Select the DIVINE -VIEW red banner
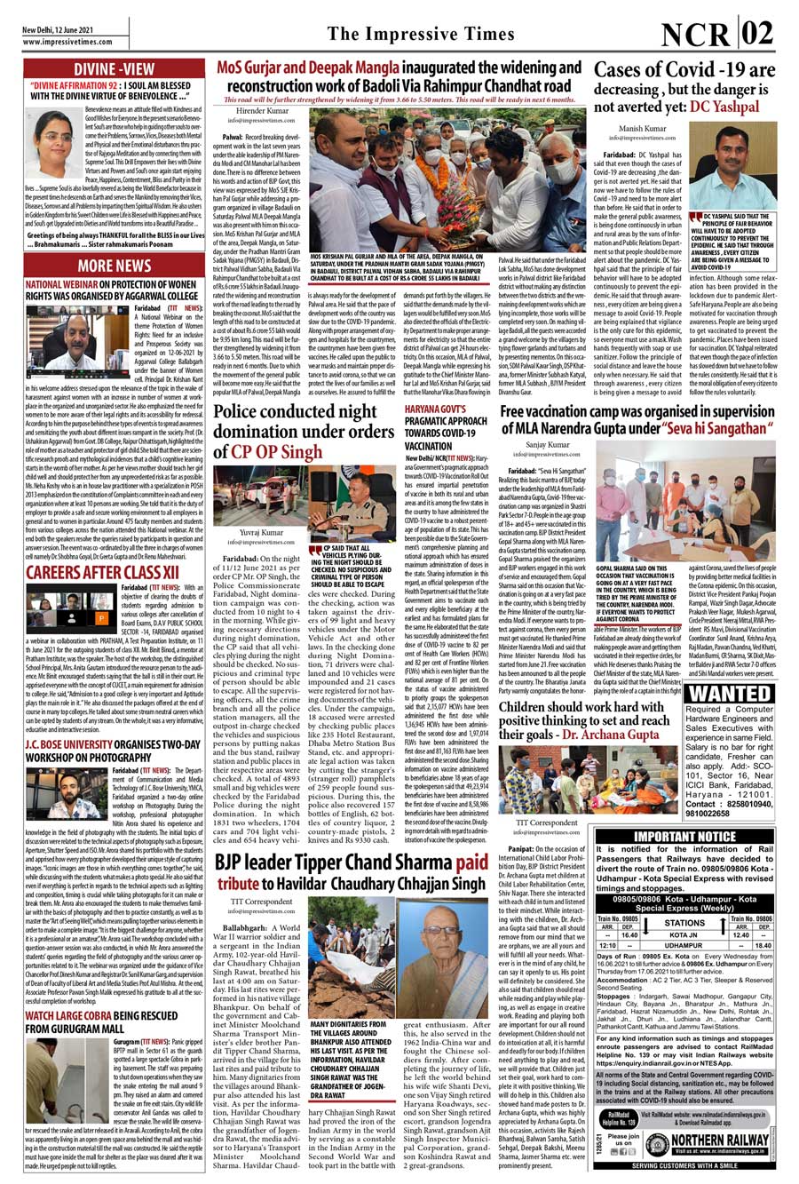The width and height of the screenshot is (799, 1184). [114, 70]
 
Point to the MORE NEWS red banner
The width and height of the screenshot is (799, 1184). [114, 266]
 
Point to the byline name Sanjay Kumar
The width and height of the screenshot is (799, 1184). [548, 443]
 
